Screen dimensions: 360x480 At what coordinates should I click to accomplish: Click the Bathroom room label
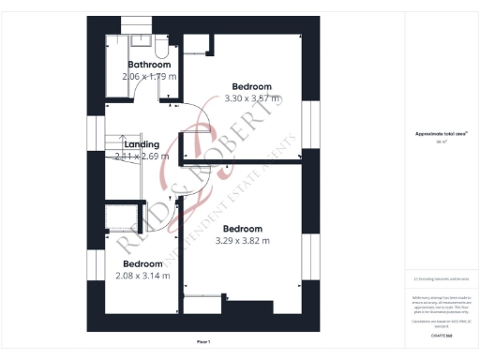click(149, 65)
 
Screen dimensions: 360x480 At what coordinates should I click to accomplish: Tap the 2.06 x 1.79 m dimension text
click(150, 76)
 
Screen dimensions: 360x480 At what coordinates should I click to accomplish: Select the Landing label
click(142, 144)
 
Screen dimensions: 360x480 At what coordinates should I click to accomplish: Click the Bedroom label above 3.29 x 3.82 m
click(242, 229)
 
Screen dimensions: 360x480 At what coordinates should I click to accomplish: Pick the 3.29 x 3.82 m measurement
click(242, 241)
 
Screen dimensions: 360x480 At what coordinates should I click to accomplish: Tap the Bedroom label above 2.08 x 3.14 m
click(142, 263)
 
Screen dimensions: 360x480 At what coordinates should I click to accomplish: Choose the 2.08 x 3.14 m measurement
click(142, 276)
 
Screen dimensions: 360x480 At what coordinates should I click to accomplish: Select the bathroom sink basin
click(140, 39)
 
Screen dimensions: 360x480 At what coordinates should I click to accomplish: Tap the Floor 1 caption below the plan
click(203, 341)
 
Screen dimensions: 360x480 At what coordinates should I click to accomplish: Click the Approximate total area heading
click(441, 134)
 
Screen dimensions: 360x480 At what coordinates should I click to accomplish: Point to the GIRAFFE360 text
click(441, 334)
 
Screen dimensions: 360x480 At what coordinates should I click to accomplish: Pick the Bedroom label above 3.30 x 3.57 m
click(252, 86)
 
